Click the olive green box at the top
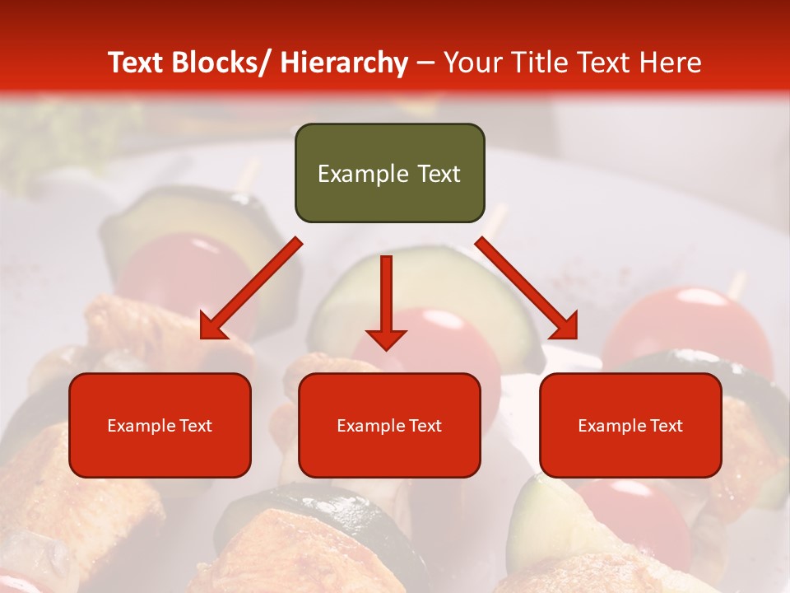click(x=389, y=173)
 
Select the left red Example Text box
click(x=160, y=425)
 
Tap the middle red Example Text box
click(x=389, y=425)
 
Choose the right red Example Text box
click(x=630, y=425)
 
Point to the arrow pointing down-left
click(x=251, y=288)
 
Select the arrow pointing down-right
click(x=527, y=288)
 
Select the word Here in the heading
click(x=671, y=63)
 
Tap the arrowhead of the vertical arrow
click(x=386, y=339)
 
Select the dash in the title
click(x=425, y=63)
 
